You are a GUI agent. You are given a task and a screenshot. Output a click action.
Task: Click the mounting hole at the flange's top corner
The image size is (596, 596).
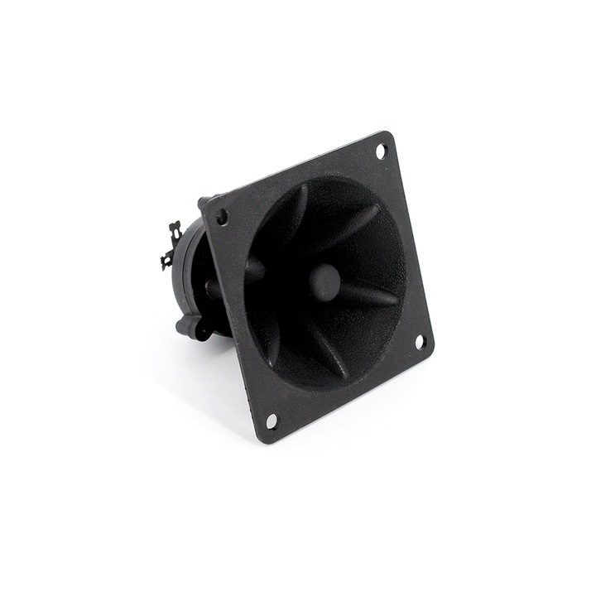click(x=381, y=151)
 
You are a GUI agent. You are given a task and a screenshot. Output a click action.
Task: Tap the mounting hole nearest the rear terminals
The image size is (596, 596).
click(x=222, y=218)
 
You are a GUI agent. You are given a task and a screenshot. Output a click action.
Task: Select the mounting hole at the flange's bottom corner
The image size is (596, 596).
click(x=272, y=421)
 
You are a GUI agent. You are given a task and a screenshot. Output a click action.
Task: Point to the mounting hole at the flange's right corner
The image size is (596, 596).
click(x=419, y=340)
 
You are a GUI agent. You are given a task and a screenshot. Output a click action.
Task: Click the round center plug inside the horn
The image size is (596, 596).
click(x=324, y=281)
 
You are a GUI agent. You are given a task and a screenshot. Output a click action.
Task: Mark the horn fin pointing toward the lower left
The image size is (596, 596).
click(x=273, y=339)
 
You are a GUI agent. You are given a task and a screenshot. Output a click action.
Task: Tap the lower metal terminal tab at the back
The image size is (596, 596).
click(x=167, y=258)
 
